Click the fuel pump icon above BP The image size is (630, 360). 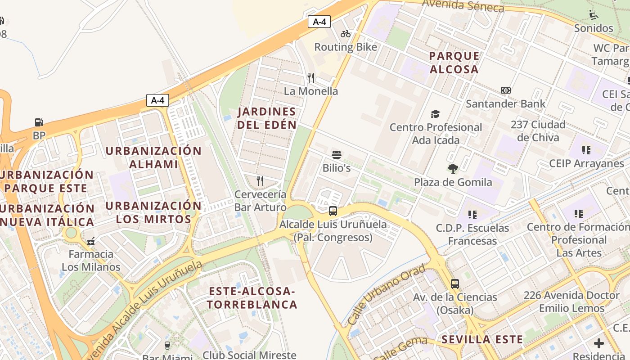point(39,122)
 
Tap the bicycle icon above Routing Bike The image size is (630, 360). point(346,34)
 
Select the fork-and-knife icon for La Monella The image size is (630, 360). point(311,78)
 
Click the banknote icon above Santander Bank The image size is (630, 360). point(505,90)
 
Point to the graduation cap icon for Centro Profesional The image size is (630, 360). point(435,114)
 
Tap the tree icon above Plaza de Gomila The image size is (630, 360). point(453,169)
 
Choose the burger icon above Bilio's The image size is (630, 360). point(337,155)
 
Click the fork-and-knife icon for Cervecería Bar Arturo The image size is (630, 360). point(260,181)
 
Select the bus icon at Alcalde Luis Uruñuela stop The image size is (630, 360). point(333,211)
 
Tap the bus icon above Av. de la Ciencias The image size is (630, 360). point(455,284)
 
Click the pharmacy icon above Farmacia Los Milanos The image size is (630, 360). point(91,241)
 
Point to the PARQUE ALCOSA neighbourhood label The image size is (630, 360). point(454,63)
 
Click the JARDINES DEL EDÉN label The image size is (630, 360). point(267,118)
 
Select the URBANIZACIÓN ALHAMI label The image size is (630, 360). point(153,157)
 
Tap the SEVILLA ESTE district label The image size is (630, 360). point(482,339)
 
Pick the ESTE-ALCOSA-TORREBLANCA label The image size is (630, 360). point(252,298)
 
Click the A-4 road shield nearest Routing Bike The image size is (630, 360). point(319,22)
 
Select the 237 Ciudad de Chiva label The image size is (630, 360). point(538,130)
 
